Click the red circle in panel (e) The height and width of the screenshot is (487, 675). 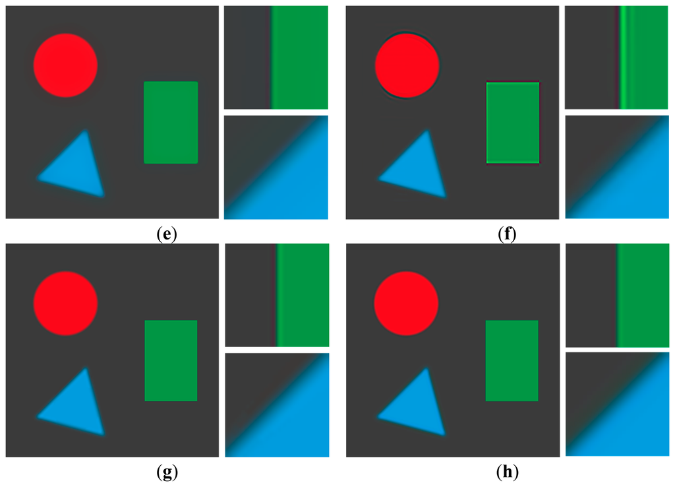pyautogui.click(x=66, y=65)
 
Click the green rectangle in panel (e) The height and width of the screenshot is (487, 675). pyautogui.click(x=171, y=123)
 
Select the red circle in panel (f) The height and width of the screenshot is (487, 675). pyautogui.click(x=407, y=65)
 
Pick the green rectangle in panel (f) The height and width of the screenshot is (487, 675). pyautogui.click(x=512, y=123)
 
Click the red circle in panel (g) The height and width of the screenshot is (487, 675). pyautogui.click(x=66, y=304)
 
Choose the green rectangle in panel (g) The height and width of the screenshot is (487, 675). pyautogui.click(x=171, y=360)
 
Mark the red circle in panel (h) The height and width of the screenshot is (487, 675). pyautogui.click(x=406, y=304)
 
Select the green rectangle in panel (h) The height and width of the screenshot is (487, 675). pyautogui.click(x=512, y=360)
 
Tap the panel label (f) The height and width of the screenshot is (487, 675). pyautogui.click(x=508, y=233)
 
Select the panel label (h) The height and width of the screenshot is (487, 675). pyautogui.click(x=508, y=472)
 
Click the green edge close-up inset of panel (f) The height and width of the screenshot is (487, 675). pyautogui.click(x=616, y=57)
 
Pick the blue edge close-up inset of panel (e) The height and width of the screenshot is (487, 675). pyautogui.click(x=276, y=168)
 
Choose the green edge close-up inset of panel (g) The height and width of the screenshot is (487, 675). pyautogui.click(x=277, y=295)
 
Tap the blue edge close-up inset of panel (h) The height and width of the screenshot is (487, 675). pyautogui.click(x=617, y=405)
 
